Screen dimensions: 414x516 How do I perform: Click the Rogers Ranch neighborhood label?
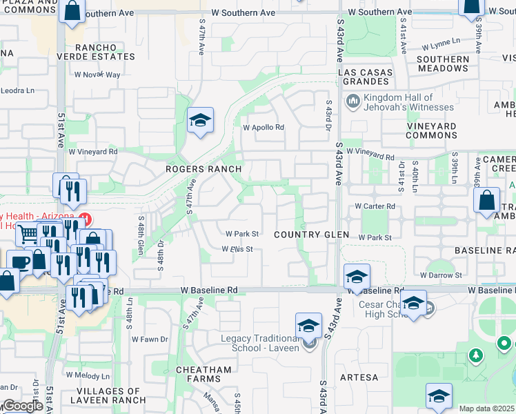[203, 169]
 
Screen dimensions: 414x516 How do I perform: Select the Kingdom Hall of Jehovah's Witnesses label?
[408, 102]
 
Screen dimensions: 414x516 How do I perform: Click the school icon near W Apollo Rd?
[200, 121]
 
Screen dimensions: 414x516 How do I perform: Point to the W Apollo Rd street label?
[263, 128]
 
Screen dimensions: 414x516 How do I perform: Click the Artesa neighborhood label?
[359, 377]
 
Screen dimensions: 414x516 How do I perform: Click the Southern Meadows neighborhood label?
[443, 63]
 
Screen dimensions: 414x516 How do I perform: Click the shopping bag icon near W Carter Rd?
[487, 201]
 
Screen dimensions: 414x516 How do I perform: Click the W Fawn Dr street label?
[150, 339]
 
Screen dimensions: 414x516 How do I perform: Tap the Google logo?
[22, 406]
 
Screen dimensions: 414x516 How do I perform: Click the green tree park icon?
[475, 355]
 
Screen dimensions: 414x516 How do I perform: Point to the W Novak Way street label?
[97, 75]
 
